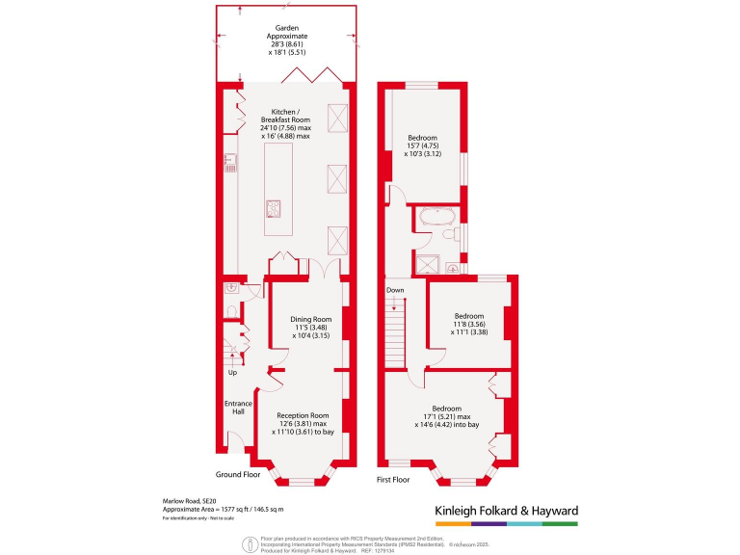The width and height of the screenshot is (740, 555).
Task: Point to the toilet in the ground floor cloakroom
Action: click(x=233, y=309)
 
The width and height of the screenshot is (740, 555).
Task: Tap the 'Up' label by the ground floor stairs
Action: click(x=232, y=373)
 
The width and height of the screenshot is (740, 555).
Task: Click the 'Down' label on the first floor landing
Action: click(x=395, y=290)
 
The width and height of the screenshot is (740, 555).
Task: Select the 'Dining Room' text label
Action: click(x=310, y=320)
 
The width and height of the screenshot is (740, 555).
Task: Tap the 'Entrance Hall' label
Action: click(x=237, y=408)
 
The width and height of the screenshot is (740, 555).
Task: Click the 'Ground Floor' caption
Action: click(x=238, y=475)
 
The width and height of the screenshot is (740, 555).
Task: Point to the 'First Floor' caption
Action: click(x=394, y=479)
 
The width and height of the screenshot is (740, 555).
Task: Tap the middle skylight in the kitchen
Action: click(x=337, y=178)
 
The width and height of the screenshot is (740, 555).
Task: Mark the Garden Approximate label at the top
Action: click(x=286, y=35)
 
